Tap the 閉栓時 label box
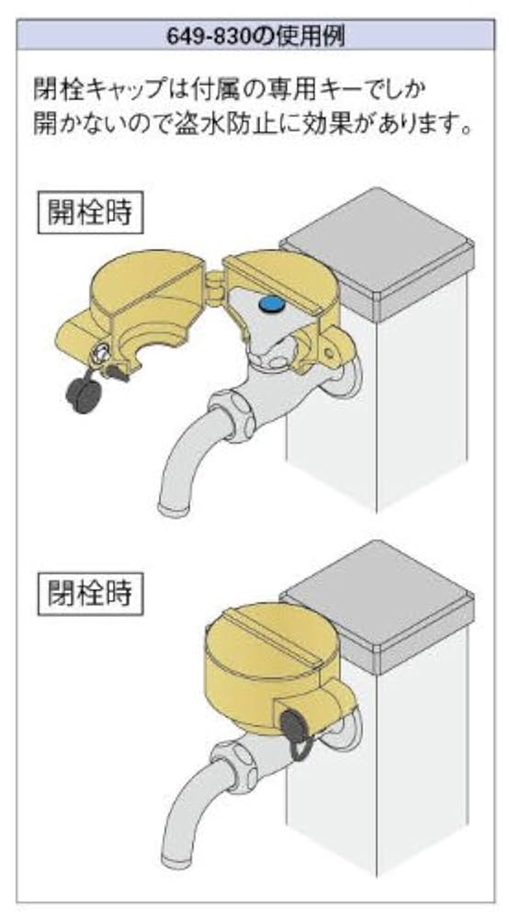[x=91, y=592]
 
